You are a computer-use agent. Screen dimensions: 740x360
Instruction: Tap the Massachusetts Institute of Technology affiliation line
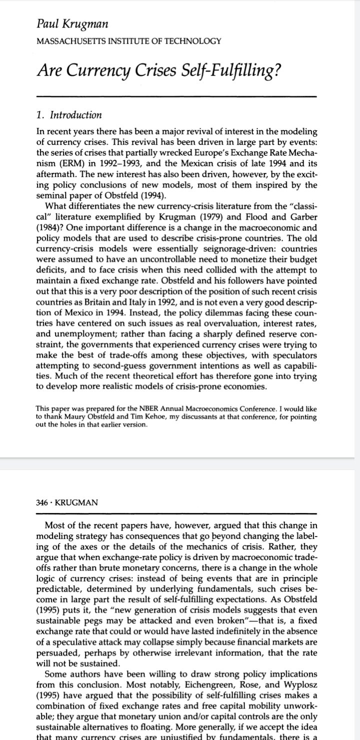coord(129,41)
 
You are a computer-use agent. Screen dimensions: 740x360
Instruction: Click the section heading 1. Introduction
coord(69,115)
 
